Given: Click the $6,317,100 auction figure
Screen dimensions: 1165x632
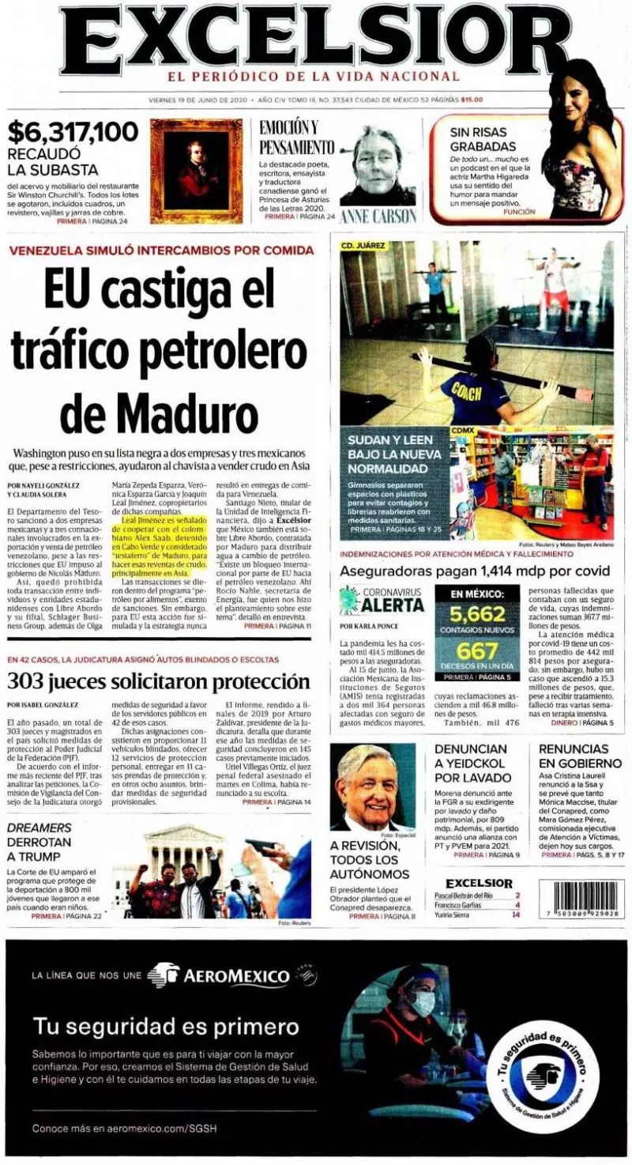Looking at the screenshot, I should pos(73,131).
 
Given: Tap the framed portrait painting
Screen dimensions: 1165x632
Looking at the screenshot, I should pos(197,171).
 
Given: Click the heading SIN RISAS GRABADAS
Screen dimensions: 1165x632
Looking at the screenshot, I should pos(483,139).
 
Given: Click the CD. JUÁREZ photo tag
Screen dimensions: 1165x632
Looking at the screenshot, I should pos(363,246).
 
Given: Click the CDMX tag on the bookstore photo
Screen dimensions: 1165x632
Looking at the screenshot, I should pos(462,429).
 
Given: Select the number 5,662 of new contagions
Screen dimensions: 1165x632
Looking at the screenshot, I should pos(477,614).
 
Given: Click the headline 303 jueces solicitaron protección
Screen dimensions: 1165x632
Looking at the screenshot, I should pos(158,681).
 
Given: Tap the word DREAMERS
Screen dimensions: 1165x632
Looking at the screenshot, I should pos(39,828).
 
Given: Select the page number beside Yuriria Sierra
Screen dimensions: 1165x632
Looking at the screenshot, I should pos(516,915).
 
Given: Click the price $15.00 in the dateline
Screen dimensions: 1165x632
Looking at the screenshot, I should pos(472,100).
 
